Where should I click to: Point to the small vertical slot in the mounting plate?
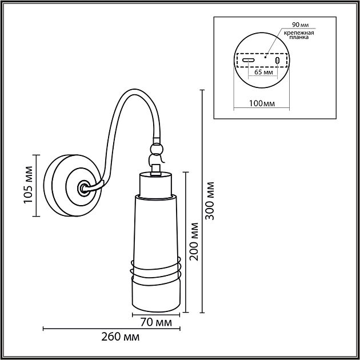[277, 61]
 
